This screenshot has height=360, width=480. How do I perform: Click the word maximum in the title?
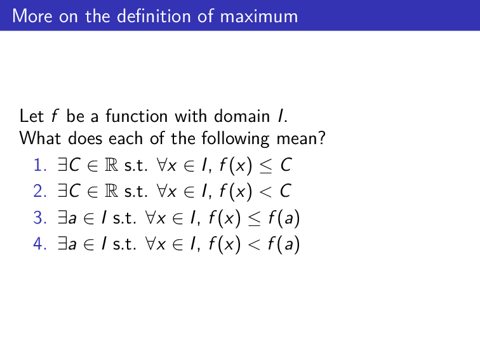[x=258, y=16]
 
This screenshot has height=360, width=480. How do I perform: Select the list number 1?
[x=40, y=166]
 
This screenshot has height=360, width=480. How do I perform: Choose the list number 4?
[x=40, y=243]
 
